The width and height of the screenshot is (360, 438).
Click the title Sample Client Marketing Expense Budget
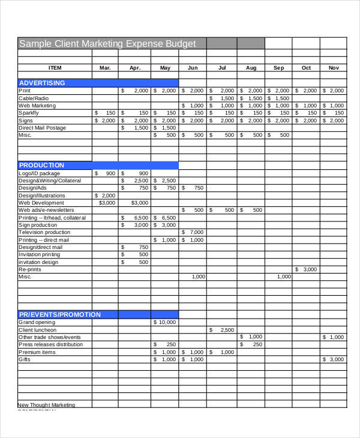(107, 44)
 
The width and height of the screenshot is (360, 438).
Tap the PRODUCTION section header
(41, 165)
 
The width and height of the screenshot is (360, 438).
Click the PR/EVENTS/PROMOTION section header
(59, 314)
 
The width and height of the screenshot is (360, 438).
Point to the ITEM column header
(55, 68)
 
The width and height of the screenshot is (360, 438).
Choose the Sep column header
(278, 68)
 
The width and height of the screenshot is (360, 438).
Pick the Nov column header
(334, 68)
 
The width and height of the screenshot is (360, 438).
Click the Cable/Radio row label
(34, 98)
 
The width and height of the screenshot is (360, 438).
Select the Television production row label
(44, 232)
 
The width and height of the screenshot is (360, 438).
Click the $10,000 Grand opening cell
(165, 322)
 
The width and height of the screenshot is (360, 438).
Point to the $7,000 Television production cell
(193, 232)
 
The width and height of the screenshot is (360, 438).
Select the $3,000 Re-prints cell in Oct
(306, 269)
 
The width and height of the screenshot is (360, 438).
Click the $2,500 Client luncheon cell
(222, 330)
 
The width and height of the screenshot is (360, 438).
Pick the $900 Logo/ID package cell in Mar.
(106, 173)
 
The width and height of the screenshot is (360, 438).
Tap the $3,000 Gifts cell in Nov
(334, 359)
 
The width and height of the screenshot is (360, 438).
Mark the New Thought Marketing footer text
(46, 405)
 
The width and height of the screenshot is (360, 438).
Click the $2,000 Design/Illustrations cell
(106, 195)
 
